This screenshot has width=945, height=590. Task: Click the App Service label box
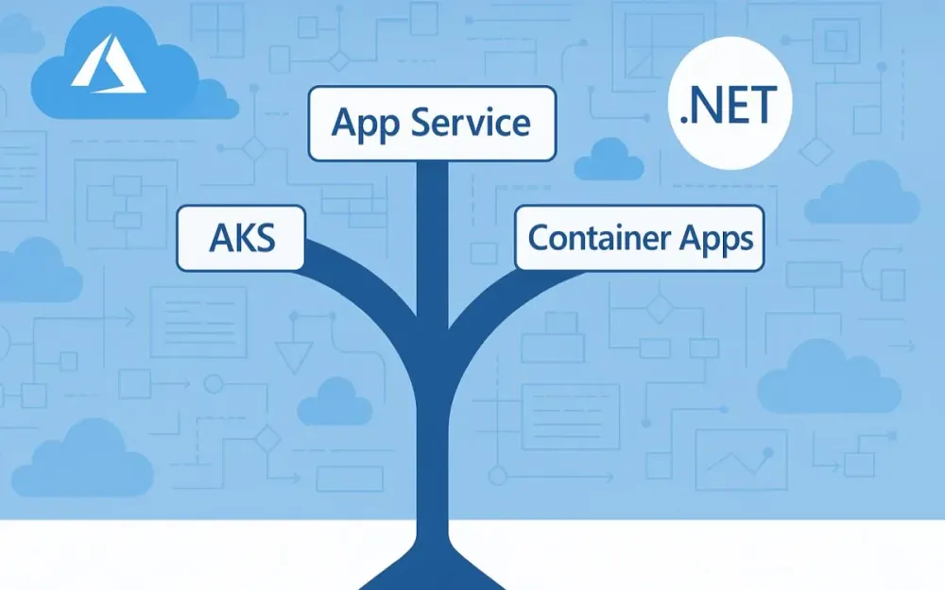pyautogui.click(x=432, y=123)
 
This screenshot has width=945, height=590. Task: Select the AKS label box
pyautogui.click(x=241, y=238)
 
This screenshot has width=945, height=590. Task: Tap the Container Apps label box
pyautogui.click(x=639, y=238)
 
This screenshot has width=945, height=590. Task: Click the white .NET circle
pyautogui.click(x=729, y=110)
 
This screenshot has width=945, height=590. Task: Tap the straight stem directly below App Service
pyautogui.click(x=432, y=227)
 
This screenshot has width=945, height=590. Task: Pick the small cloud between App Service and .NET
pyautogui.click(x=609, y=160)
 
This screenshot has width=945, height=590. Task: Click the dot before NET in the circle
pyautogui.click(x=684, y=123)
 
